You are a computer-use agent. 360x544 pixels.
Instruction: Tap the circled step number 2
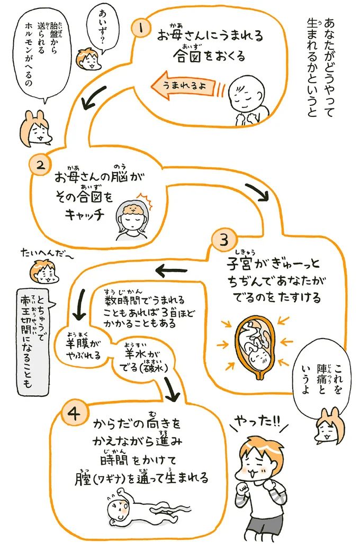[x=41, y=166]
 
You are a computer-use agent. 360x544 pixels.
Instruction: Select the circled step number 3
[x=220, y=240]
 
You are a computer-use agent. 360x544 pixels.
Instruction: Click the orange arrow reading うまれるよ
[x=188, y=85]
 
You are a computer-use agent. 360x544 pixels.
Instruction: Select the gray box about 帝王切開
[x=34, y=339]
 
